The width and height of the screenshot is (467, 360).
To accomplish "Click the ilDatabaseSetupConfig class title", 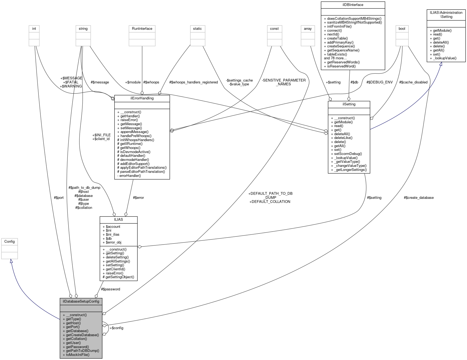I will (x=81, y=301).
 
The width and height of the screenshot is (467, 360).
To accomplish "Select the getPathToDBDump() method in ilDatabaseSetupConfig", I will (x=82, y=351).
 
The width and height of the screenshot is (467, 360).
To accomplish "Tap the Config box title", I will (x=9, y=241).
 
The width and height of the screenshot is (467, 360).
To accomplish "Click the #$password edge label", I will (x=110, y=289).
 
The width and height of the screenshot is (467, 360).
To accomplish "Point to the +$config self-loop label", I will (x=116, y=328).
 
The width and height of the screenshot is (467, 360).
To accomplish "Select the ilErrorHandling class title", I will (x=142, y=98).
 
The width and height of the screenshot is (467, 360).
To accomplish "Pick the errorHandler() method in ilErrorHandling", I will (x=130, y=176).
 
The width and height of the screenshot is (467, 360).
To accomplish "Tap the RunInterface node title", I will (x=142, y=28).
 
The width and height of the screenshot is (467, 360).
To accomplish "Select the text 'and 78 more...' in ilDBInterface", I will (x=335, y=58).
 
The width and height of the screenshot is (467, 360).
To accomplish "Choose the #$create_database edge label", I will (x=419, y=197).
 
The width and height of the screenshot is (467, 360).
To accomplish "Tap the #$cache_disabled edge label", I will (x=413, y=82).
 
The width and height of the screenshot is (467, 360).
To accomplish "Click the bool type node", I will (x=402, y=28).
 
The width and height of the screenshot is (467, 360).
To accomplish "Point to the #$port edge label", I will (x=59, y=197).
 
